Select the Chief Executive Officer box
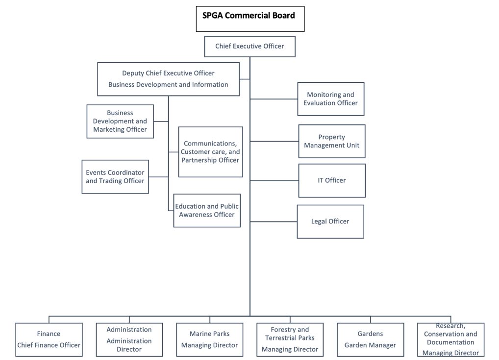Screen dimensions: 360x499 (x=249, y=46)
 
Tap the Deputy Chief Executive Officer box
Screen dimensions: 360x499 (x=168, y=78)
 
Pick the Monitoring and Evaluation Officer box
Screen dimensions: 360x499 (x=330, y=99)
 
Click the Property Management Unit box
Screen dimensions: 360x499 (x=331, y=141)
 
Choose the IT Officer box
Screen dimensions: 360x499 (x=331, y=180)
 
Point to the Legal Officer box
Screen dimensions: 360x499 (x=330, y=221)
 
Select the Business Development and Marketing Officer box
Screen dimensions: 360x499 (x=120, y=121)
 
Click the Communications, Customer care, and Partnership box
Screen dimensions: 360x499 (x=210, y=152)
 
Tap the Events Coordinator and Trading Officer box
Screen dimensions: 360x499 (x=115, y=177)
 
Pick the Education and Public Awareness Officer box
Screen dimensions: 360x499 (x=207, y=211)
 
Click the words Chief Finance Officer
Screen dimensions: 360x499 (x=49, y=345)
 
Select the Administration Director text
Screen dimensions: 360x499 (x=129, y=345)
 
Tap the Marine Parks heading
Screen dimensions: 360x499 (x=209, y=334)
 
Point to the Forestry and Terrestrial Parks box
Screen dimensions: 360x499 (x=290, y=339)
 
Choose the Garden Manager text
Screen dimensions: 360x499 (x=370, y=345)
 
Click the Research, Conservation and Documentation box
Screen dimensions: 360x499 (x=450, y=339)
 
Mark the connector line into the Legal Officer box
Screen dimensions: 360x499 (x=273, y=221)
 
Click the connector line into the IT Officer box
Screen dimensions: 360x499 (x=274, y=181)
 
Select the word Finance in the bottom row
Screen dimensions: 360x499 (x=49, y=334)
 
